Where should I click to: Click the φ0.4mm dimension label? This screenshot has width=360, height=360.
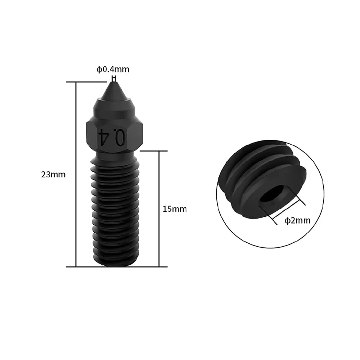[x=113, y=69]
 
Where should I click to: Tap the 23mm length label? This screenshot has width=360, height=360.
[x=53, y=175]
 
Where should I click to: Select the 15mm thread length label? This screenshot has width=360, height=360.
[x=175, y=209]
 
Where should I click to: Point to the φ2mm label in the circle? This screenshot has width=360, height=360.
[x=297, y=220]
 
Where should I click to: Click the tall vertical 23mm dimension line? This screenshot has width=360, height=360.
[x=76, y=175]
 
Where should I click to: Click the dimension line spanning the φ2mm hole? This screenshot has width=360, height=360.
[x=286, y=209]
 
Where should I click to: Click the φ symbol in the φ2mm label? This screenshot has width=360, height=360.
[x=287, y=221]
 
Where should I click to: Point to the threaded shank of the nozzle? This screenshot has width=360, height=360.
[x=114, y=209]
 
